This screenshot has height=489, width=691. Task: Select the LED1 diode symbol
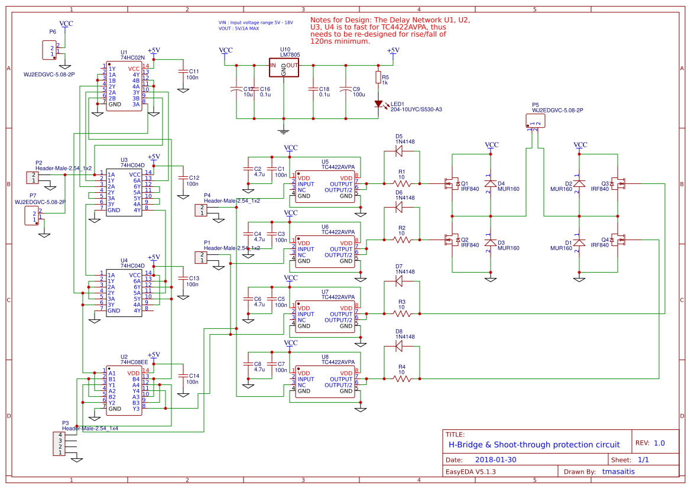(378, 103)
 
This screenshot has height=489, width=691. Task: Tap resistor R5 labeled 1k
(378, 77)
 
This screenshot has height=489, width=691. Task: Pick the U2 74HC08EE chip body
(124, 391)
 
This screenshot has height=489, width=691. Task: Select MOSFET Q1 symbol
(453, 184)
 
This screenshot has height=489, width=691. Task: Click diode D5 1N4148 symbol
(398, 151)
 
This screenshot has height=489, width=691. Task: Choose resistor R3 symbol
(402, 313)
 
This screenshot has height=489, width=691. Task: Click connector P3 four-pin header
(59, 443)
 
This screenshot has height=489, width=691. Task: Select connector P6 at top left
(48, 51)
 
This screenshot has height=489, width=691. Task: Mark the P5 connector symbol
(536, 121)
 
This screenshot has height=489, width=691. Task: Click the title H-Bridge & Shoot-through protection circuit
(534, 445)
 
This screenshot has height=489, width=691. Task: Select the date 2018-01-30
(496, 459)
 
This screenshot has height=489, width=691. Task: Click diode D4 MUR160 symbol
(490, 184)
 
